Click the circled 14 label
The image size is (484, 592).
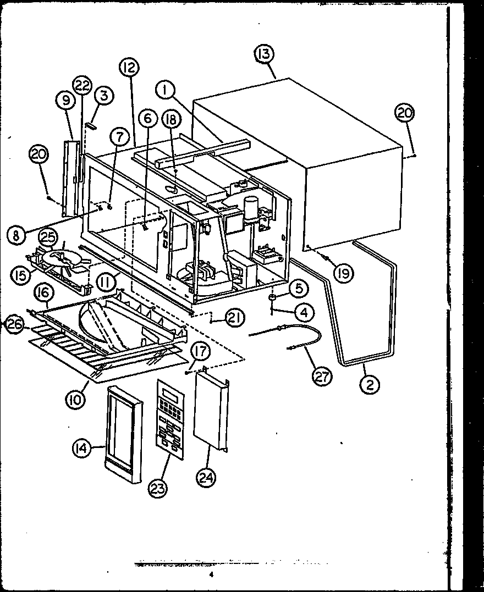pos(81,449)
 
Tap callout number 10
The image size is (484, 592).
pos(75,399)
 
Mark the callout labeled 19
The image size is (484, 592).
pos(344,272)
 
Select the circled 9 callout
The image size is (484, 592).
pos(65,100)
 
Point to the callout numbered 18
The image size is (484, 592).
pos(170,118)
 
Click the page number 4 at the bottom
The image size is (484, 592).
pos(211,575)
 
